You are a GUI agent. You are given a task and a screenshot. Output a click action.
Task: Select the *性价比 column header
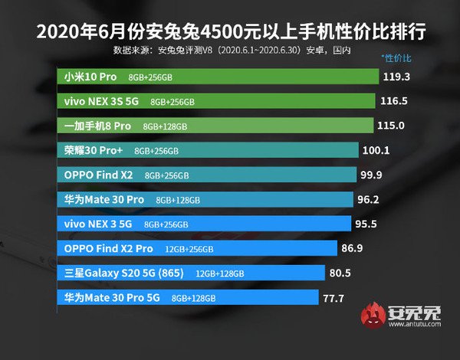coord(396,58)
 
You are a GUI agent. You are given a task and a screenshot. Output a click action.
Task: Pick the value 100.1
coord(375,150)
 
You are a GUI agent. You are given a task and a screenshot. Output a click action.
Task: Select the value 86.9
coord(353,248)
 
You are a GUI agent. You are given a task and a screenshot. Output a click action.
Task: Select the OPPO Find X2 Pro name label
coord(109,248)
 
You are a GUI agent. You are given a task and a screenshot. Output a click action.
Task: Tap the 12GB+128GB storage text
coord(220,273)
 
